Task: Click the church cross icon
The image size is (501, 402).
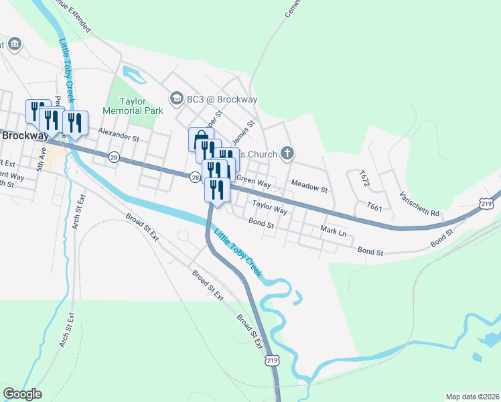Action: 287,154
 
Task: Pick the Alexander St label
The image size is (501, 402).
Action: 118,135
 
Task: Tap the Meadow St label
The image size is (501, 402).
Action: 309,186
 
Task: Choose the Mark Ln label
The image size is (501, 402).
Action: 333,231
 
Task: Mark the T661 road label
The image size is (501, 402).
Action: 374,207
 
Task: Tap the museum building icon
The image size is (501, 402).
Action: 15,45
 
